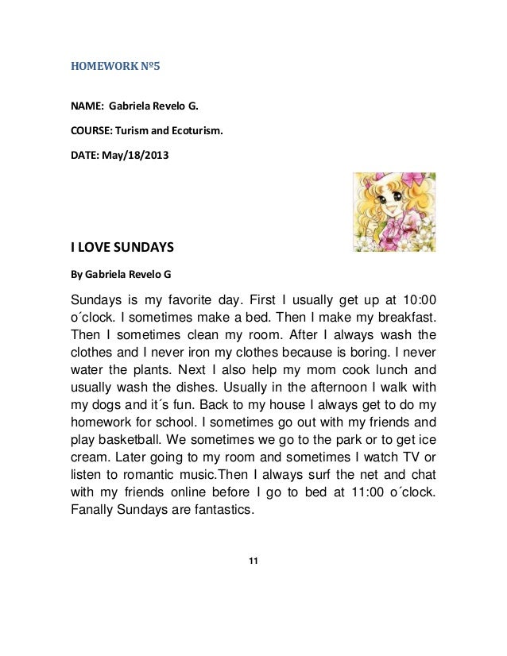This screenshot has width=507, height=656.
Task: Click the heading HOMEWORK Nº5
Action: (x=115, y=67)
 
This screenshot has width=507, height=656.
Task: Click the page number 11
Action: (x=253, y=562)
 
